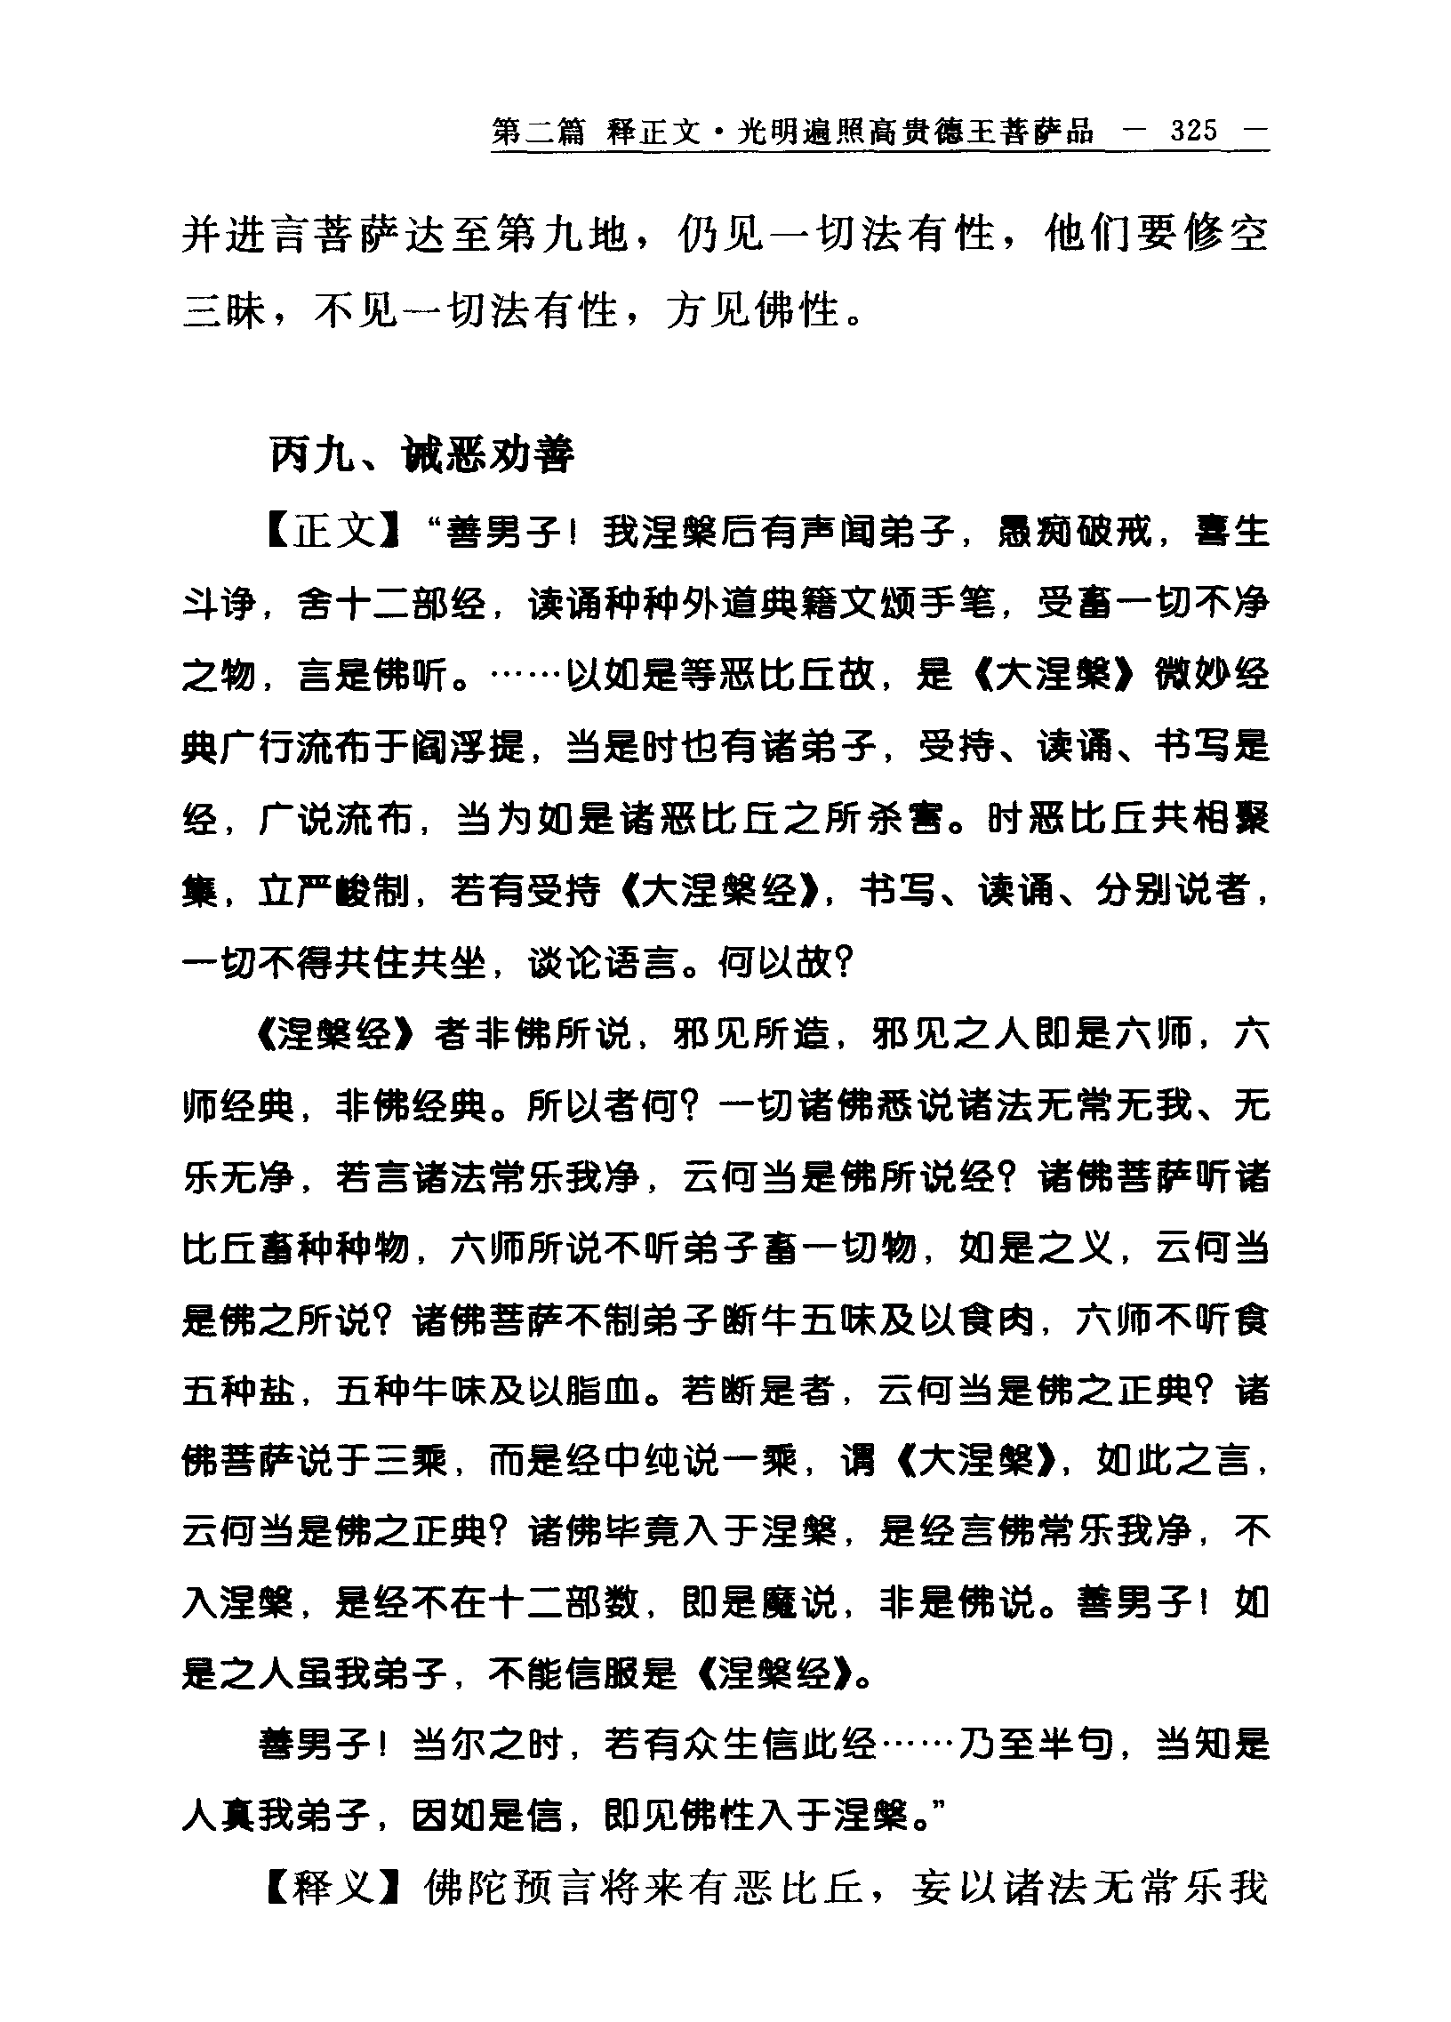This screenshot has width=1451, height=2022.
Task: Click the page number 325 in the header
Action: (1193, 132)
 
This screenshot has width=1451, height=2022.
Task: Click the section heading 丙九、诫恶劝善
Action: (421, 455)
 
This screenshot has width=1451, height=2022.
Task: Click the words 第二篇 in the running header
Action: (538, 132)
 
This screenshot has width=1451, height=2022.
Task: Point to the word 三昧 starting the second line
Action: (224, 311)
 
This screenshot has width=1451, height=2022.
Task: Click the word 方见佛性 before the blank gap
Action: (753, 311)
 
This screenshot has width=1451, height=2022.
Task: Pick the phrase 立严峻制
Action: (335, 890)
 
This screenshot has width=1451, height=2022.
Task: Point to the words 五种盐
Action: (239, 1391)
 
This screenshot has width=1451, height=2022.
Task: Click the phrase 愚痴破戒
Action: (1074, 534)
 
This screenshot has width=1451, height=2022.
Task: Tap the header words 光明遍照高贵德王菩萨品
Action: (916, 132)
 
